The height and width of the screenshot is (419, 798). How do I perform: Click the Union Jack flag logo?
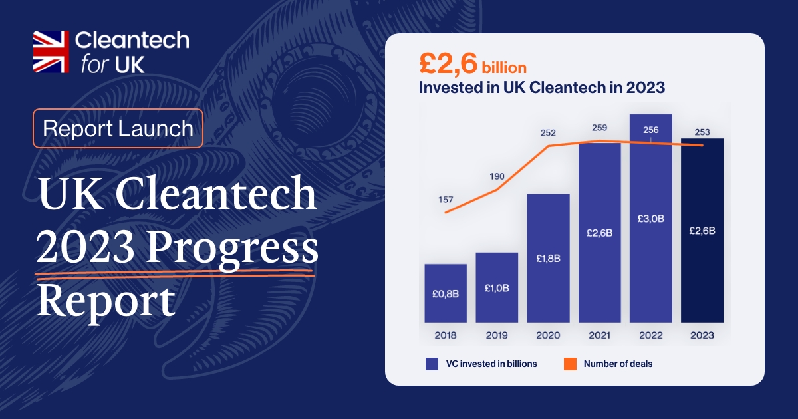click(51, 51)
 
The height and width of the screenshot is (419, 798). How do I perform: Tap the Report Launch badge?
click(118, 128)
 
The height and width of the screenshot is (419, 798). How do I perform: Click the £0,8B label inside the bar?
click(446, 293)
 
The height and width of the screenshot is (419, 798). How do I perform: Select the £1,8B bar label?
click(548, 258)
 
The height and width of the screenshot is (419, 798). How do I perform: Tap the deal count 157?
click(446, 200)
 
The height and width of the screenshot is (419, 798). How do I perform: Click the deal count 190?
click(497, 176)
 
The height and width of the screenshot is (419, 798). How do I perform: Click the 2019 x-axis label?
click(497, 335)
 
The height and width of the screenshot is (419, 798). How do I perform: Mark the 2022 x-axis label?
click(650, 335)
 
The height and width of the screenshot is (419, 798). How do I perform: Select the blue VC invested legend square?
click(431, 364)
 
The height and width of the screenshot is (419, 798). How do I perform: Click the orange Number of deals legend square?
click(569, 364)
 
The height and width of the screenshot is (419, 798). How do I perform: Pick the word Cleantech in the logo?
click(132, 41)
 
